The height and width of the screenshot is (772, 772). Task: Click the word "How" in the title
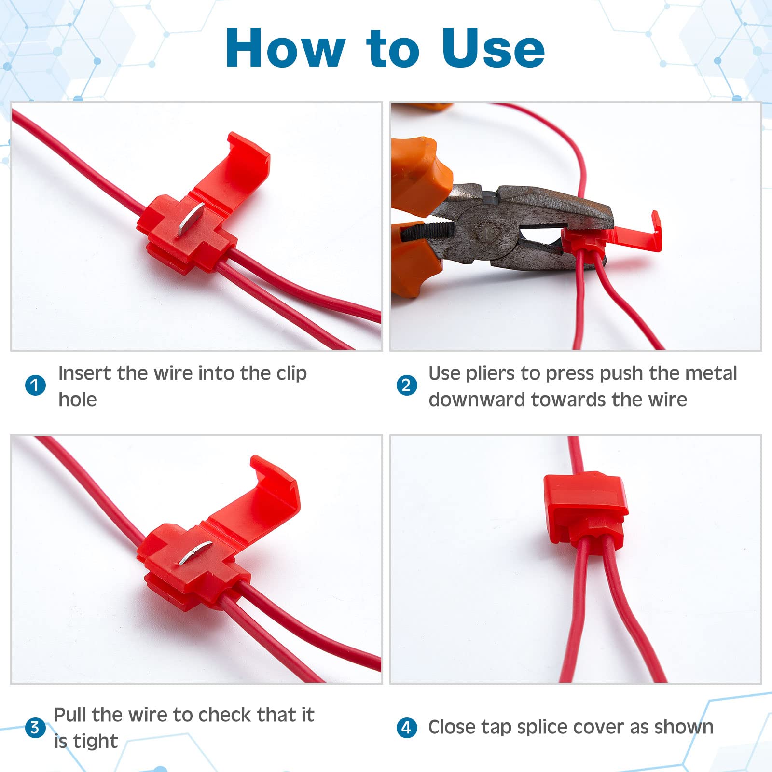pos(285,48)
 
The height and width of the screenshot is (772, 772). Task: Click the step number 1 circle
pos(35,385)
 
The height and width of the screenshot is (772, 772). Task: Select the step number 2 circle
pos(406,385)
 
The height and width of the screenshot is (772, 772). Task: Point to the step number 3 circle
pos(35,727)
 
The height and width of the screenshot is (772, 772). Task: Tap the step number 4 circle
pos(406,727)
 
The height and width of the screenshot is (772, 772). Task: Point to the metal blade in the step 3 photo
pos(194,552)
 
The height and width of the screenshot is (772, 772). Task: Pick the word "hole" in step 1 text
pos(77,400)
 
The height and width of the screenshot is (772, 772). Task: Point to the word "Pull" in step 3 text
pos(70,715)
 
